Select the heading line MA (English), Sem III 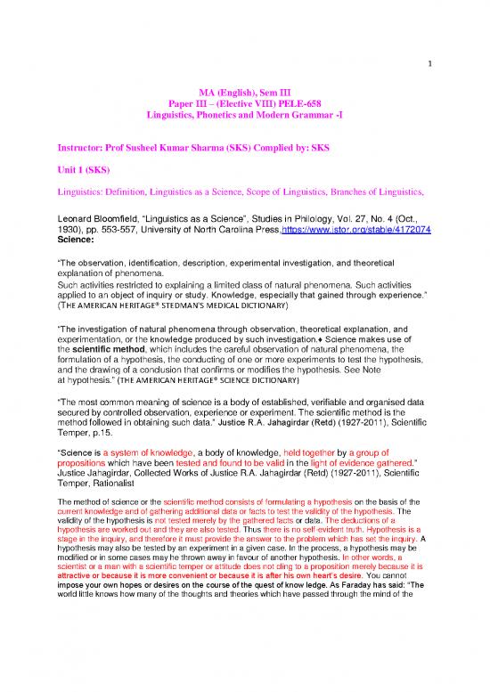click(x=245, y=90)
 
